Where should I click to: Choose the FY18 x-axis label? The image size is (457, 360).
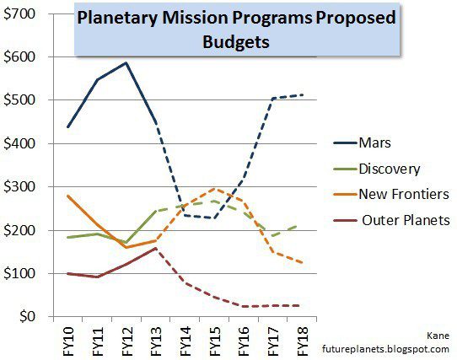point(303,337)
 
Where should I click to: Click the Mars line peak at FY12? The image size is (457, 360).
point(126,63)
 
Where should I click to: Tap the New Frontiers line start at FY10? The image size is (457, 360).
point(67,196)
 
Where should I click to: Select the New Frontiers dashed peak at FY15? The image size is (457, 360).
point(215,189)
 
